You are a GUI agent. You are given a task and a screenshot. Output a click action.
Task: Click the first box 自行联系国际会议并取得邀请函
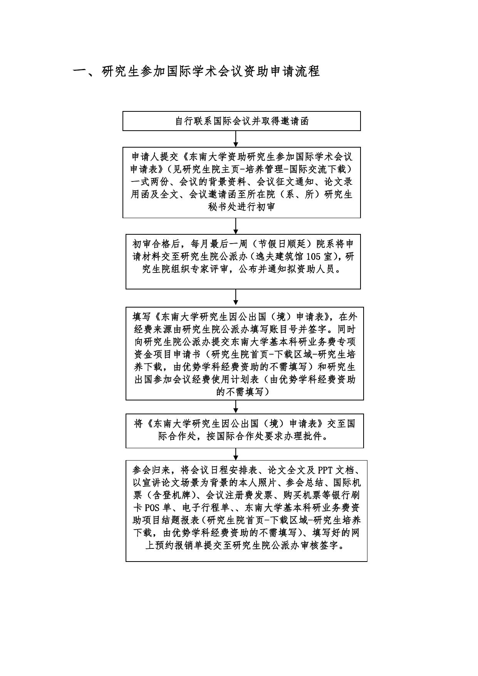(242, 121)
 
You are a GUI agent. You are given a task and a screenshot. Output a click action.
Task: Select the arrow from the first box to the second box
(236, 139)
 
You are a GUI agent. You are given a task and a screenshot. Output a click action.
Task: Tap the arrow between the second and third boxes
(236, 226)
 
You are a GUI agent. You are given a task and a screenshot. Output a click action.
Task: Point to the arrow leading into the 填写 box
(236, 298)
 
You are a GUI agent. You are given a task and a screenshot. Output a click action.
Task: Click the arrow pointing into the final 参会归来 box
(236, 454)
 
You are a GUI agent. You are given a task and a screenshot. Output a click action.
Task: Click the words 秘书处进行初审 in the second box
(242, 207)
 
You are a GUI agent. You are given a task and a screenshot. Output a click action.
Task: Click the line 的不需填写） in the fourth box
(245, 392)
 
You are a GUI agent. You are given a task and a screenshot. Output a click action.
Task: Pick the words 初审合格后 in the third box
(154, 244)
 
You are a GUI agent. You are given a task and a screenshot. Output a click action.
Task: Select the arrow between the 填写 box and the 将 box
(236, 407)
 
